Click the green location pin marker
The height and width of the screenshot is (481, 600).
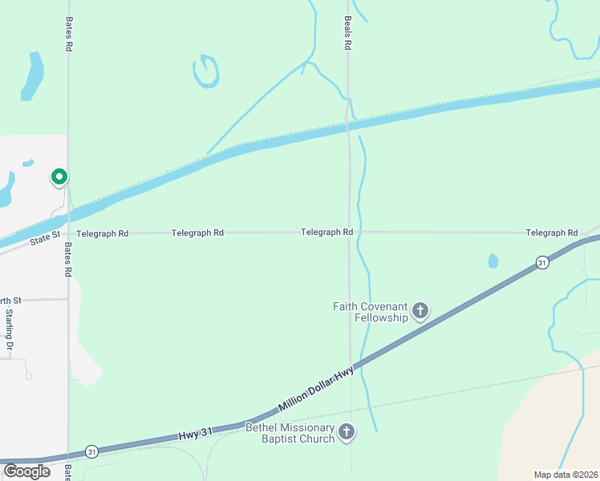(x=59, y=176)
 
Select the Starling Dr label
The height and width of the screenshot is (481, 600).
(x=10, y=331)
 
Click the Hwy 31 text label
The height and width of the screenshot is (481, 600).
(x=196, y=434)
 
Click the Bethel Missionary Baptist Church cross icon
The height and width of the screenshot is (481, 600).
(x=347, y=433)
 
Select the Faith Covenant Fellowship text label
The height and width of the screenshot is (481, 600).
(x=371, y=312)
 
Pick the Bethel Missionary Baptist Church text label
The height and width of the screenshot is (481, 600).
(x=290, y=433)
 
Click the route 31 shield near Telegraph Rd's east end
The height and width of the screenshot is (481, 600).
(x=543, y=262)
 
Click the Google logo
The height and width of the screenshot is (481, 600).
(x=26, y=471)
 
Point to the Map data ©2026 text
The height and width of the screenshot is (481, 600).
(x=566, y=475)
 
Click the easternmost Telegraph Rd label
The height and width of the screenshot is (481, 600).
(x=552, y=232)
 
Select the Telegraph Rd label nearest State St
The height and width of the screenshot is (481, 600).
(x=103, y=233)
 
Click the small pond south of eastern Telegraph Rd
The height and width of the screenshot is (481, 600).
(x=493, y=261)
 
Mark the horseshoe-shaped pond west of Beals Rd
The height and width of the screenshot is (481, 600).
(x=206, y=71)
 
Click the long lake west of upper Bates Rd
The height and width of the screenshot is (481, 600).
(x=32, y=76)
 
